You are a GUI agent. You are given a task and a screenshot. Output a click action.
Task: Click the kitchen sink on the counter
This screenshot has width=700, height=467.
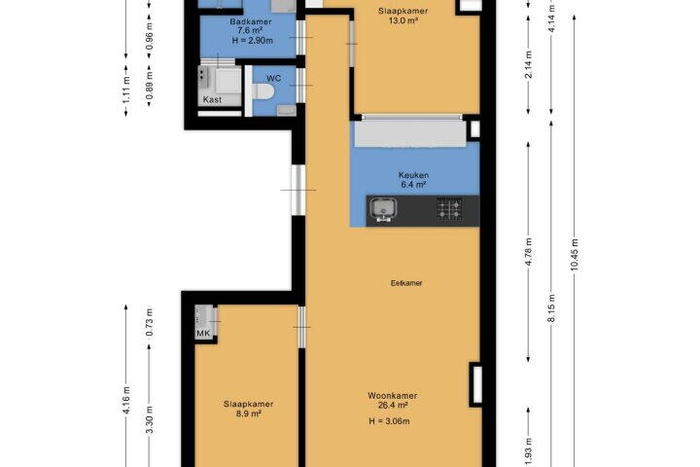coord(383,210)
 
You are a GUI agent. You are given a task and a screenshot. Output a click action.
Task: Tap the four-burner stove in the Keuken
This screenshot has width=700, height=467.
coord(449,209)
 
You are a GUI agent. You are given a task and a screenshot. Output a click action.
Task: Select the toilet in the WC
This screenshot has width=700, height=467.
coord(262,92)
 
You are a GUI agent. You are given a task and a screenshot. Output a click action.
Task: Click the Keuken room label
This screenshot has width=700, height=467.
coord(414,175)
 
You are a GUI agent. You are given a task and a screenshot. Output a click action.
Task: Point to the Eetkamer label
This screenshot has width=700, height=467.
coord(406,283)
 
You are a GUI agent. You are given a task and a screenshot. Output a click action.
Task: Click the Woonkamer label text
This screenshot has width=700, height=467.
coord(393,396)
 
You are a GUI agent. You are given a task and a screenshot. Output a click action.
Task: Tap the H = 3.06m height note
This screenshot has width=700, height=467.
coord(389,421)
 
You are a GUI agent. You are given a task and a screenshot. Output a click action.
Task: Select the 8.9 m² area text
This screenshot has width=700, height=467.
coord(249,413)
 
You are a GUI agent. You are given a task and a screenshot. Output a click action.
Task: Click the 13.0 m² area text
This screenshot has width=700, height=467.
coord(403,20)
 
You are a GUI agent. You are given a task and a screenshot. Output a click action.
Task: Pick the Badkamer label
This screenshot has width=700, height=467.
coord(251,21)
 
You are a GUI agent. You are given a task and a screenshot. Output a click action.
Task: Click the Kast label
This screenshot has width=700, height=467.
coord(212,99)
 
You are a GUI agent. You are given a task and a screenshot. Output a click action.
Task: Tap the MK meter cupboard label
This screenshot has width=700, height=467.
coord(203,334)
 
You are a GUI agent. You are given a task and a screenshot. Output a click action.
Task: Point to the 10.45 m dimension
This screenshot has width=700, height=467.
coord(575,254)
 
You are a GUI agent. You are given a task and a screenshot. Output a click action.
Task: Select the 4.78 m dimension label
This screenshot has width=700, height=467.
coord(529,253)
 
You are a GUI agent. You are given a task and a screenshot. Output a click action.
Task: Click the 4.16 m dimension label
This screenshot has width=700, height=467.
coord(125,401)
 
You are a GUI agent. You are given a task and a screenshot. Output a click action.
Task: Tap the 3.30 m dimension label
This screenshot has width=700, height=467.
coord(149,419)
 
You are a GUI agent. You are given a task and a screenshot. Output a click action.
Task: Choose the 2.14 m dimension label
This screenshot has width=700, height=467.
coord(529,65)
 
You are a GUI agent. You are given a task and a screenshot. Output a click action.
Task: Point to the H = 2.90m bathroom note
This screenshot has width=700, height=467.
coord(252,41)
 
